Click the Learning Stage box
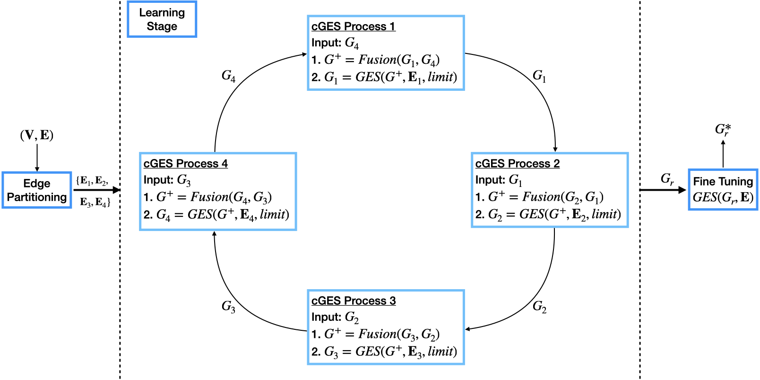pos(162,19)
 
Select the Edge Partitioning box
pos(37,190)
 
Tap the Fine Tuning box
pos(723,189)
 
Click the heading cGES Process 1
pos(353,27)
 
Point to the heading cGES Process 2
pos(517,164)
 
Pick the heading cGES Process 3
pos(353,301)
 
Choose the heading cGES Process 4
pos(185,164)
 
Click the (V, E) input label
pos(37,135)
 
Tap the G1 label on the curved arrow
pos(539,76)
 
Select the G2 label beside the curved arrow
pos(539,307)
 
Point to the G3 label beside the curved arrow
pos(228,307)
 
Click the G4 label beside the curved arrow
pos(228,76)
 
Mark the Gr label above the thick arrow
pos(667,179)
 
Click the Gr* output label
pos(723,129)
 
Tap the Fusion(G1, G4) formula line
pos(376,60)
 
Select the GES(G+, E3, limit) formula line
pos(384,352)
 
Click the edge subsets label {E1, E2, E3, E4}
pos(95,191)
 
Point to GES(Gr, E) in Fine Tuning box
pos(723,197)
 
